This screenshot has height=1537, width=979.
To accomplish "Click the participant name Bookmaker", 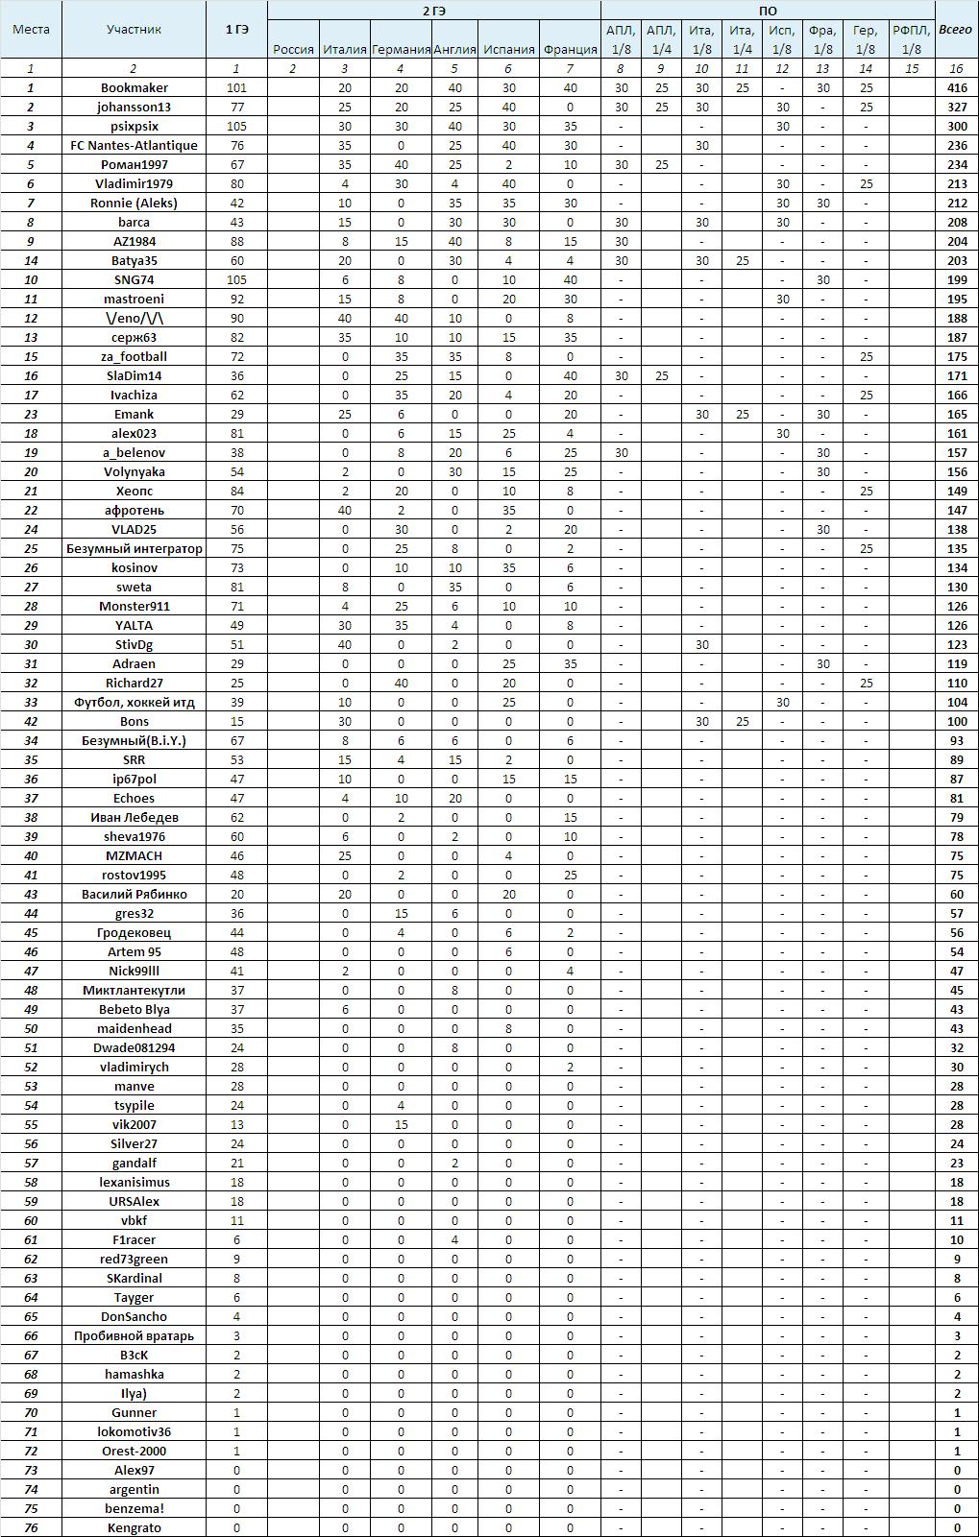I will pos(134,87).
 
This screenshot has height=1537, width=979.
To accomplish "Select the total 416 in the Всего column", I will pos(956,87).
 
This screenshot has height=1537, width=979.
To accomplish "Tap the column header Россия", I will pos(293,49).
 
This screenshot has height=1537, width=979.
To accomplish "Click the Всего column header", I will pos(956,29).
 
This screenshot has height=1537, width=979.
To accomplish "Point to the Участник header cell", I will pos(134,29).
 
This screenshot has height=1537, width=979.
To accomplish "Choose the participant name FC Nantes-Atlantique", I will pos(134,145).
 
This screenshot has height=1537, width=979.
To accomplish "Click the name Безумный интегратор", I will pos(134,548).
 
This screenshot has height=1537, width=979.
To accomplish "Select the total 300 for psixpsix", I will pos(956,126).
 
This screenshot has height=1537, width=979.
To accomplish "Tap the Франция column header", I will pos(570,49).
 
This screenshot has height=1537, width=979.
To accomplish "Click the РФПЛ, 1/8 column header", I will pos(912,39).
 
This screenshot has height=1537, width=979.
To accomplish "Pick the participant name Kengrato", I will pos(134,1527).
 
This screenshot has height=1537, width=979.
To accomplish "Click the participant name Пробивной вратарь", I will pos(134,1335).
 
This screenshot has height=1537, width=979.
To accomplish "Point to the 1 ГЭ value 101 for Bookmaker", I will pos(236,87).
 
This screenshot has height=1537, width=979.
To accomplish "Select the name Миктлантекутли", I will pos(134,990).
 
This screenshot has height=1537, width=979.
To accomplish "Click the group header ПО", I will pos(768,11).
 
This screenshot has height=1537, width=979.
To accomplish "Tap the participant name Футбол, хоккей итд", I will pos(134,702).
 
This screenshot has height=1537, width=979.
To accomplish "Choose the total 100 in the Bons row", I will pos(956,721).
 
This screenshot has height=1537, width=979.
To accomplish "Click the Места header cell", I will pos(31,29).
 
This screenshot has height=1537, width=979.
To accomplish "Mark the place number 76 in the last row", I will pos(31,1527).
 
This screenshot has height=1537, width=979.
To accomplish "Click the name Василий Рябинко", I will pos(134,894).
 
